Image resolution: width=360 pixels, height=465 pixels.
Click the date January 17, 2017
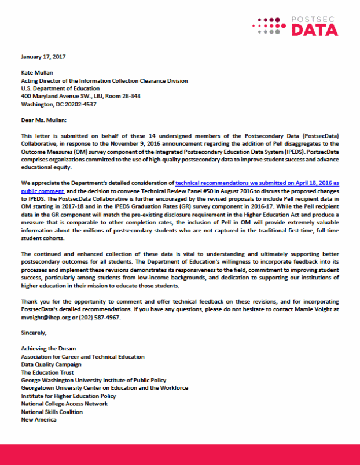tap(43, 57)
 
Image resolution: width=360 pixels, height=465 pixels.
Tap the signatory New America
tap(39, 419)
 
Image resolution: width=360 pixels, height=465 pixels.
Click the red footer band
tap(180, 454)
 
